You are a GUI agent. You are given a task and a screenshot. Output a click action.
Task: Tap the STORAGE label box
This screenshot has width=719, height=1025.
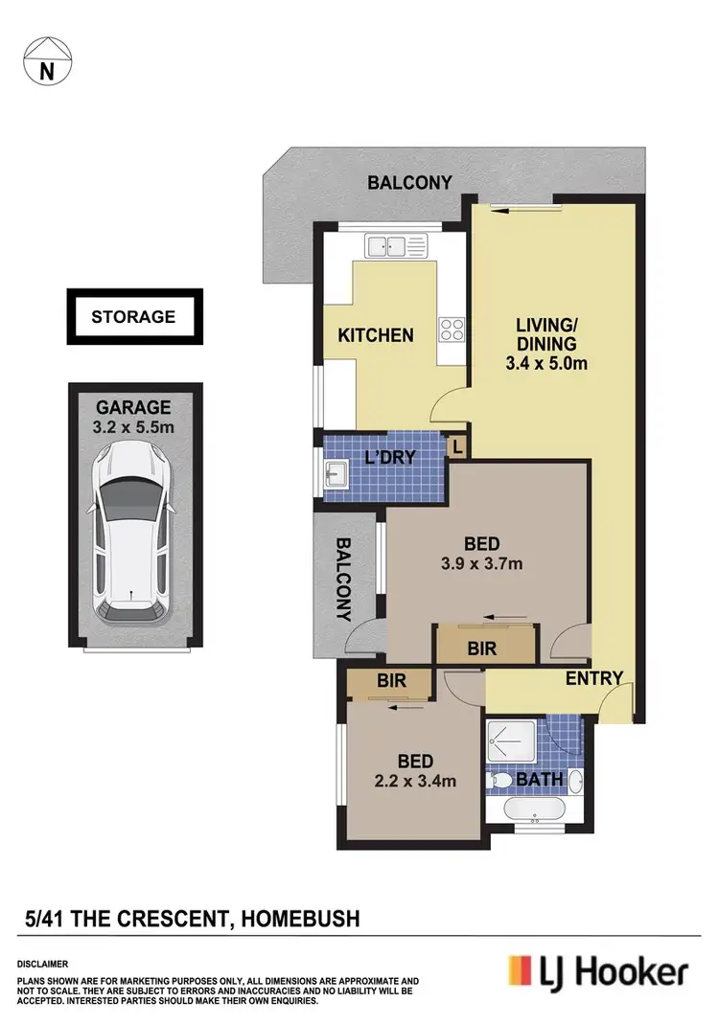coord(133,316)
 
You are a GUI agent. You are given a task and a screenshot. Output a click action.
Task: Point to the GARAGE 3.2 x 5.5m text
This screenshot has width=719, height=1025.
coord(133,416)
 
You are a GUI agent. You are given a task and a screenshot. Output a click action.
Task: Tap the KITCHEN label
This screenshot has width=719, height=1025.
coord(376,335)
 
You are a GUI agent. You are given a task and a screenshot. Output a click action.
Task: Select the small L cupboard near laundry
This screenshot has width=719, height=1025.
coord(458,446)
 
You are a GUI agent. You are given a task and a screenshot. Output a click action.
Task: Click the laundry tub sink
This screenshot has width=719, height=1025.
coord(336,472)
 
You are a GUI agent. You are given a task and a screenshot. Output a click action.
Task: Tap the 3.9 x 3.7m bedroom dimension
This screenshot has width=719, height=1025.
coord(489,563)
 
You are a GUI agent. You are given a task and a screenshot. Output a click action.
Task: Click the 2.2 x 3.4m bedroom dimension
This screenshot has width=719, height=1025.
coord(415,781)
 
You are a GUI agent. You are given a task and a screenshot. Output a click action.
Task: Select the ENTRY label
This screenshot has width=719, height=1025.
coord(594,678)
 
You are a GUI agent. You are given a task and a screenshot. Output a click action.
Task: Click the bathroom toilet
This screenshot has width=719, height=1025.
coord(499,783)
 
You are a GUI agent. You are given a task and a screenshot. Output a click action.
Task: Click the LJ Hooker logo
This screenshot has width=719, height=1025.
coord(597,973)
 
